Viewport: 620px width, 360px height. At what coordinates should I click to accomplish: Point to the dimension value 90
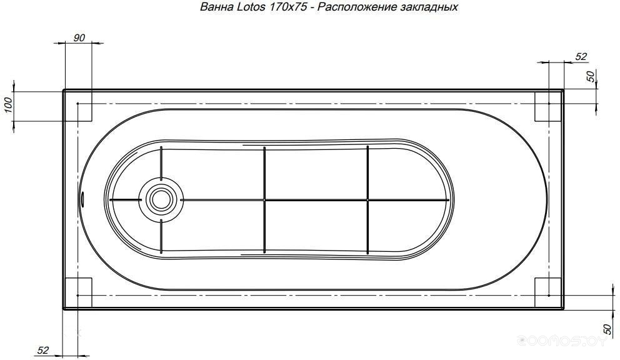tap(79, 38)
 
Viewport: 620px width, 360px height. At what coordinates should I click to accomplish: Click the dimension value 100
tap(9, 106)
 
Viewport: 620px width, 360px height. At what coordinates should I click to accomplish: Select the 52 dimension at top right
tap(581, 57)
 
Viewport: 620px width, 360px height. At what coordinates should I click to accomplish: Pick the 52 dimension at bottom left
tap(43, 350)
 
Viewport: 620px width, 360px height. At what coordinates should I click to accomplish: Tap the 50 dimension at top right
tap(590, 76)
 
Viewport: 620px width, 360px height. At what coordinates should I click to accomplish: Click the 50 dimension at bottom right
tap(607, 328)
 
